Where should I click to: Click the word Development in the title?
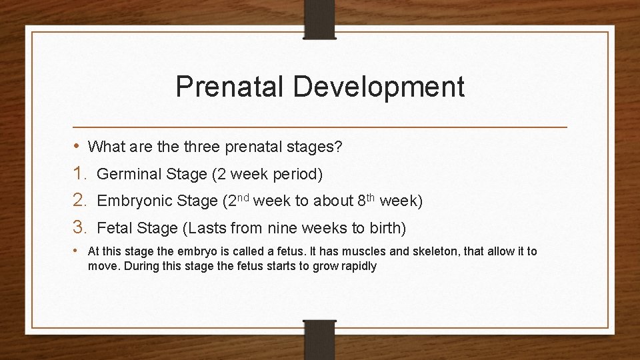point(379,87)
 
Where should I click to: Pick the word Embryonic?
point(133,201)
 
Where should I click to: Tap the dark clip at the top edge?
point(321,19)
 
